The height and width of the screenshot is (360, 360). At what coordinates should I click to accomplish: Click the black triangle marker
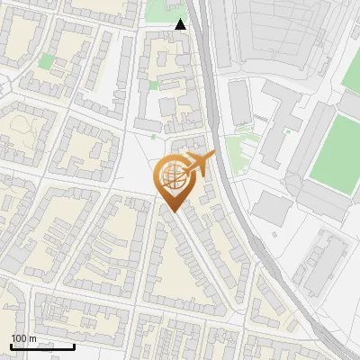(181, 24)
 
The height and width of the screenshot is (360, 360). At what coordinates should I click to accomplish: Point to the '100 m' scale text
(23, 338)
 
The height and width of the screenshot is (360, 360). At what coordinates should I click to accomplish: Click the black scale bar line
(42, 346)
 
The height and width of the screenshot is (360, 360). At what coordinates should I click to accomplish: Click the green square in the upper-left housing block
(46, 61)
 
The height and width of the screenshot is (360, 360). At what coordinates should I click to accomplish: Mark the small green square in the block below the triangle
(153, 85)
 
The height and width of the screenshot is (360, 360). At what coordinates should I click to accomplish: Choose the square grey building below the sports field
(271, 210)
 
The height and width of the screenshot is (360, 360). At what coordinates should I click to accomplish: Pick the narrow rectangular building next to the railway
(239, 102)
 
